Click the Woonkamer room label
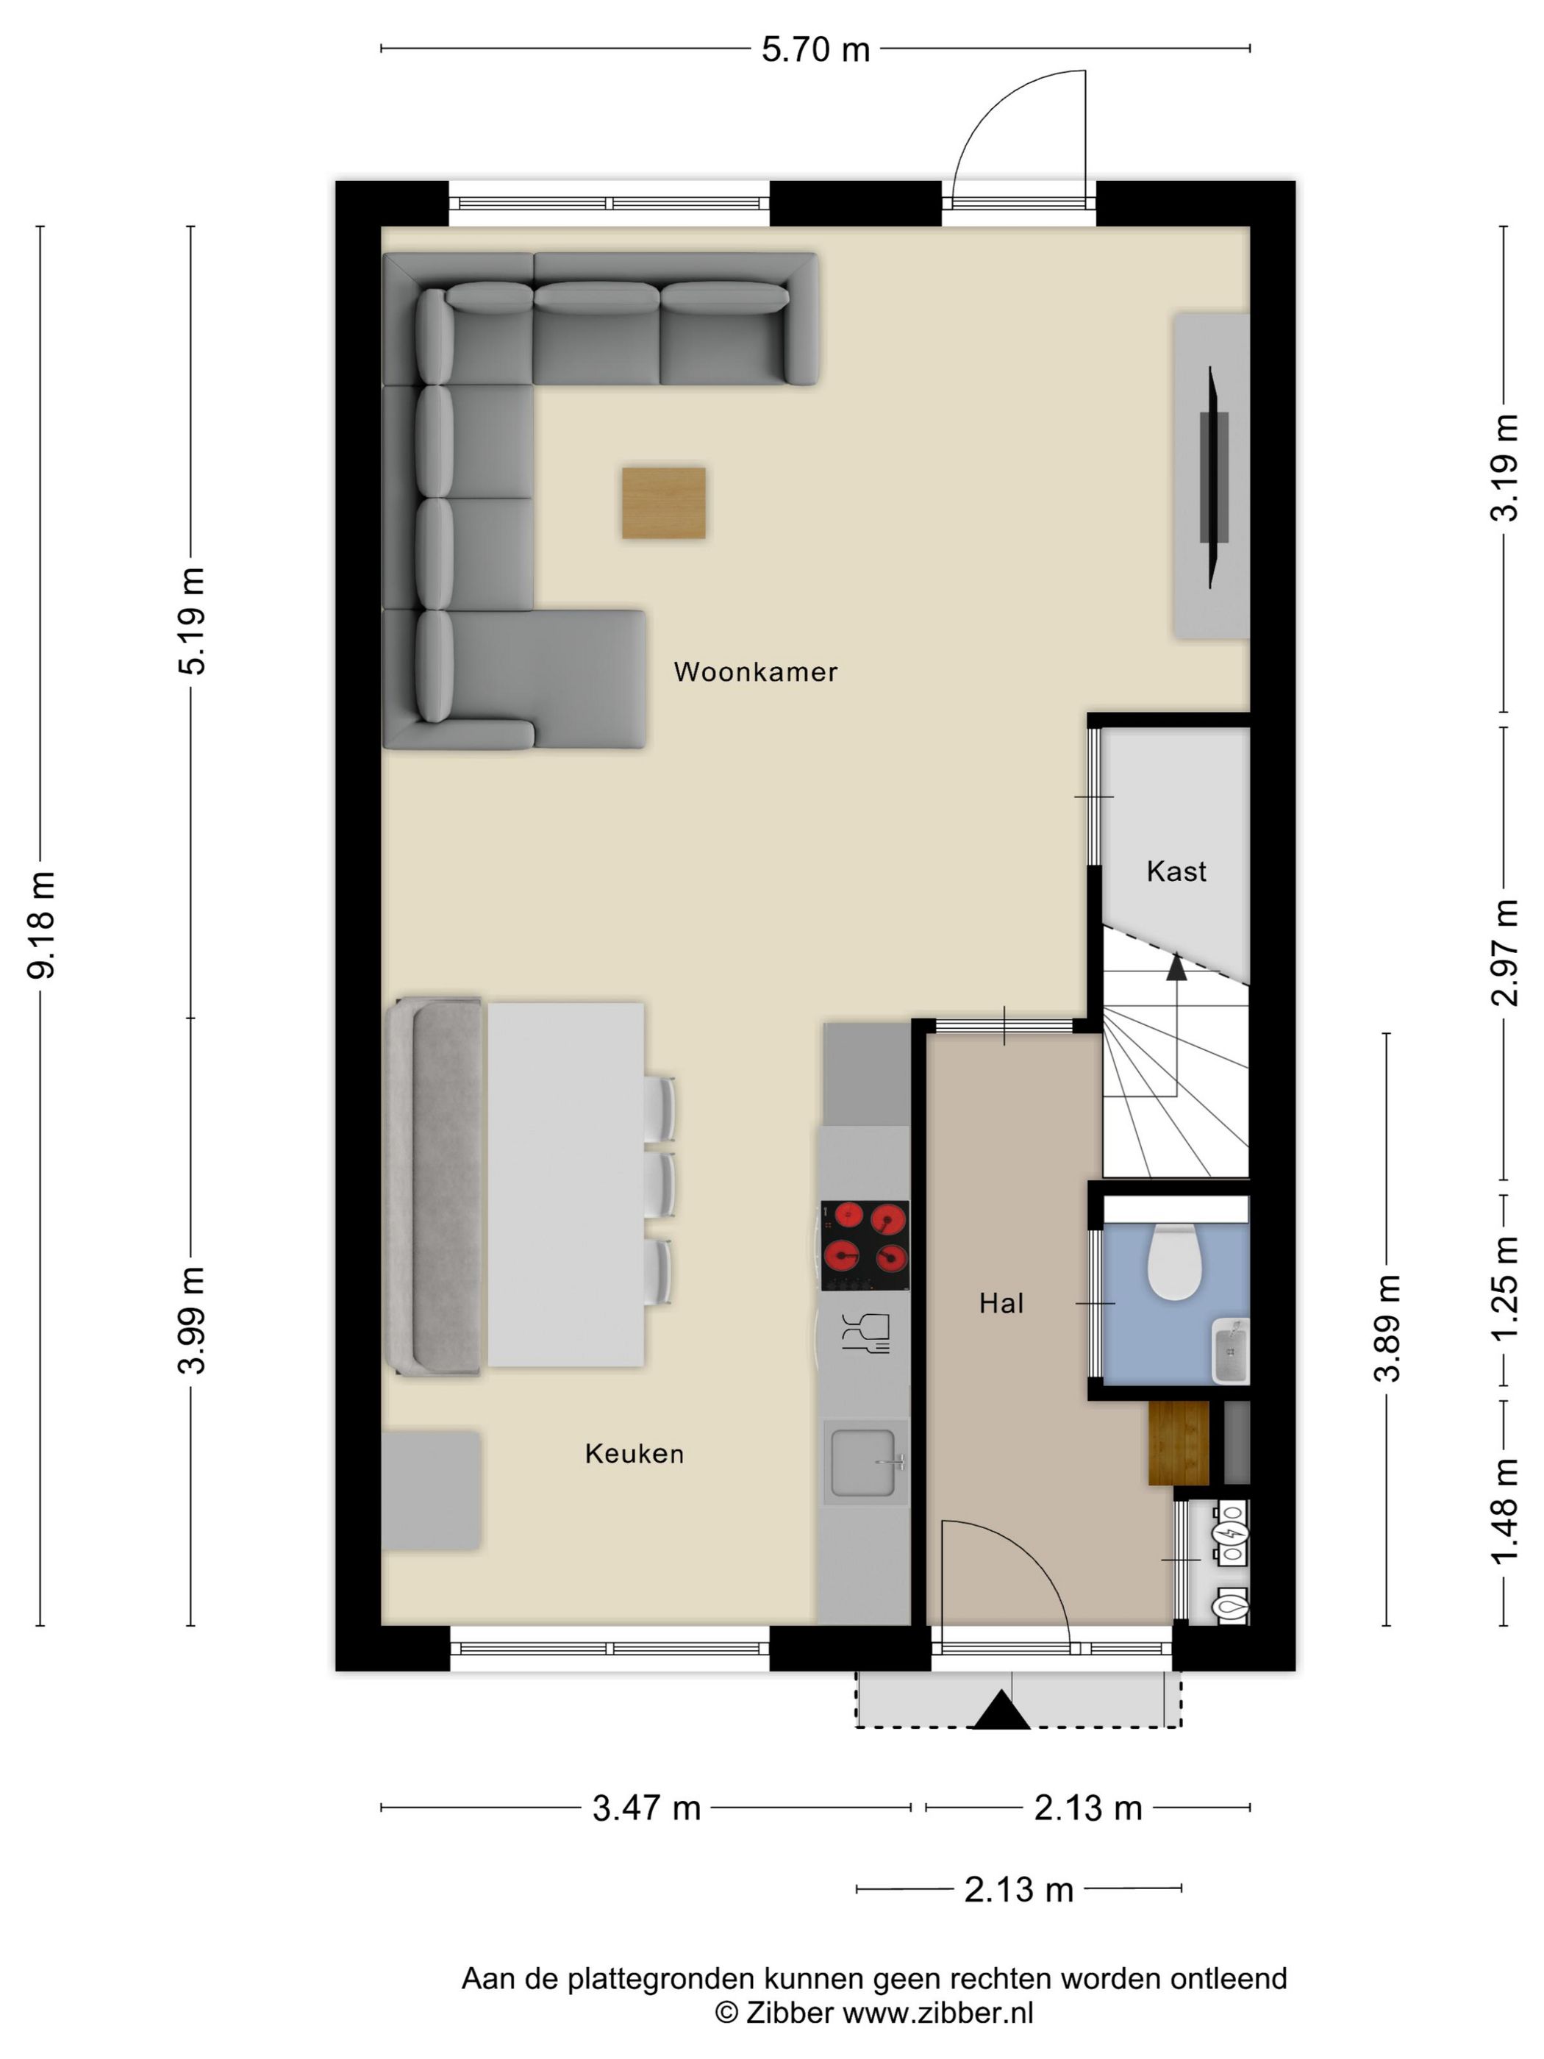[x=755, y=671]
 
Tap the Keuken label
[x=634, y=1453]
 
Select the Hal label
[x=1001, y=1303]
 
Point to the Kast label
[x=1176, y=871]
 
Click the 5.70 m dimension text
[x=815, y=49]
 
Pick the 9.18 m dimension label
[x=42, y=925]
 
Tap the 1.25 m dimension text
[x=1505, y=1288]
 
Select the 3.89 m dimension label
[x=1387, y=1328]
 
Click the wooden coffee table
[x=664, y=503]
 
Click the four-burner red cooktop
[x=865, y=1246]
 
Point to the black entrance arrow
[x=1001, y=1709]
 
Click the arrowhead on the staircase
[x=1176, y=967]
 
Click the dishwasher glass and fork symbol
[x=865, y=1333]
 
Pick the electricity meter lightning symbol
[x=1230, y=1533]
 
